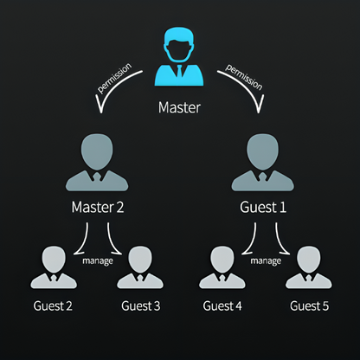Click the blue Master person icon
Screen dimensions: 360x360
click(x=179, y=57)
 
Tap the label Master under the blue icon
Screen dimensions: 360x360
click(x=179, y=107)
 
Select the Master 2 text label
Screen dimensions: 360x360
click(x=98, y=207)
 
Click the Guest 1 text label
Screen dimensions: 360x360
click(x=263, y=207)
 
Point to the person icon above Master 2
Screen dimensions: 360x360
click(x=97, y=163)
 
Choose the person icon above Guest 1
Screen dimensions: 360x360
click(x=263, y=163)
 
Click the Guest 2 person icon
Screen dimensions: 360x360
click(x=54, y=267)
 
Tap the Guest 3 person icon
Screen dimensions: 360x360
click(x=140, y=267)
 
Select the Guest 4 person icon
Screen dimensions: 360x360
click(x=222, y=267)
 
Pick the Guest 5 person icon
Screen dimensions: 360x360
click(x=309, y=267)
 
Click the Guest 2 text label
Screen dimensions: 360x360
click(x=53, y=306)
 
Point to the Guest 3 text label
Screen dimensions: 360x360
click(x=141, y=306)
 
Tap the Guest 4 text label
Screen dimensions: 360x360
click(x=222, y=306)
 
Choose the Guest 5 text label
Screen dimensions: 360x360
click(x=310, y=306)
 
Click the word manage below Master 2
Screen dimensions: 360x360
click(x=98, y=261)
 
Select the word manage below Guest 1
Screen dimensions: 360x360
click(x=266, y=261)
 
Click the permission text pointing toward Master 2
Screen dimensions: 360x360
click(x=115, y=78)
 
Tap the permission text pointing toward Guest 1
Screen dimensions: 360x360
click(x=244, y=77)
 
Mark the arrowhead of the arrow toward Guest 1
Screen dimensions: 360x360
click(x=259, y=106)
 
